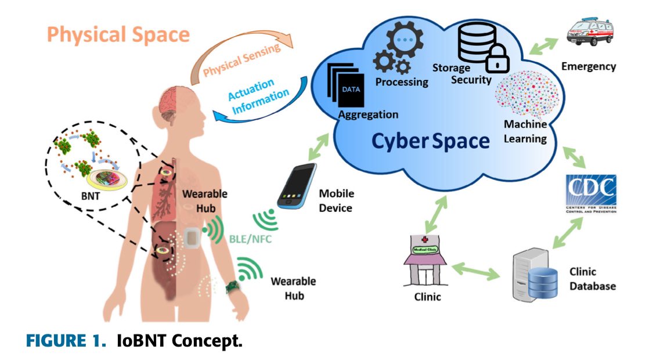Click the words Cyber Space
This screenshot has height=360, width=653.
pos(430,141)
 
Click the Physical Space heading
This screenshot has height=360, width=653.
pos(118,34)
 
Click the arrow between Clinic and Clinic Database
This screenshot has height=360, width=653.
pos(477,271)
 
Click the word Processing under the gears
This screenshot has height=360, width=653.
pos(402,82)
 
